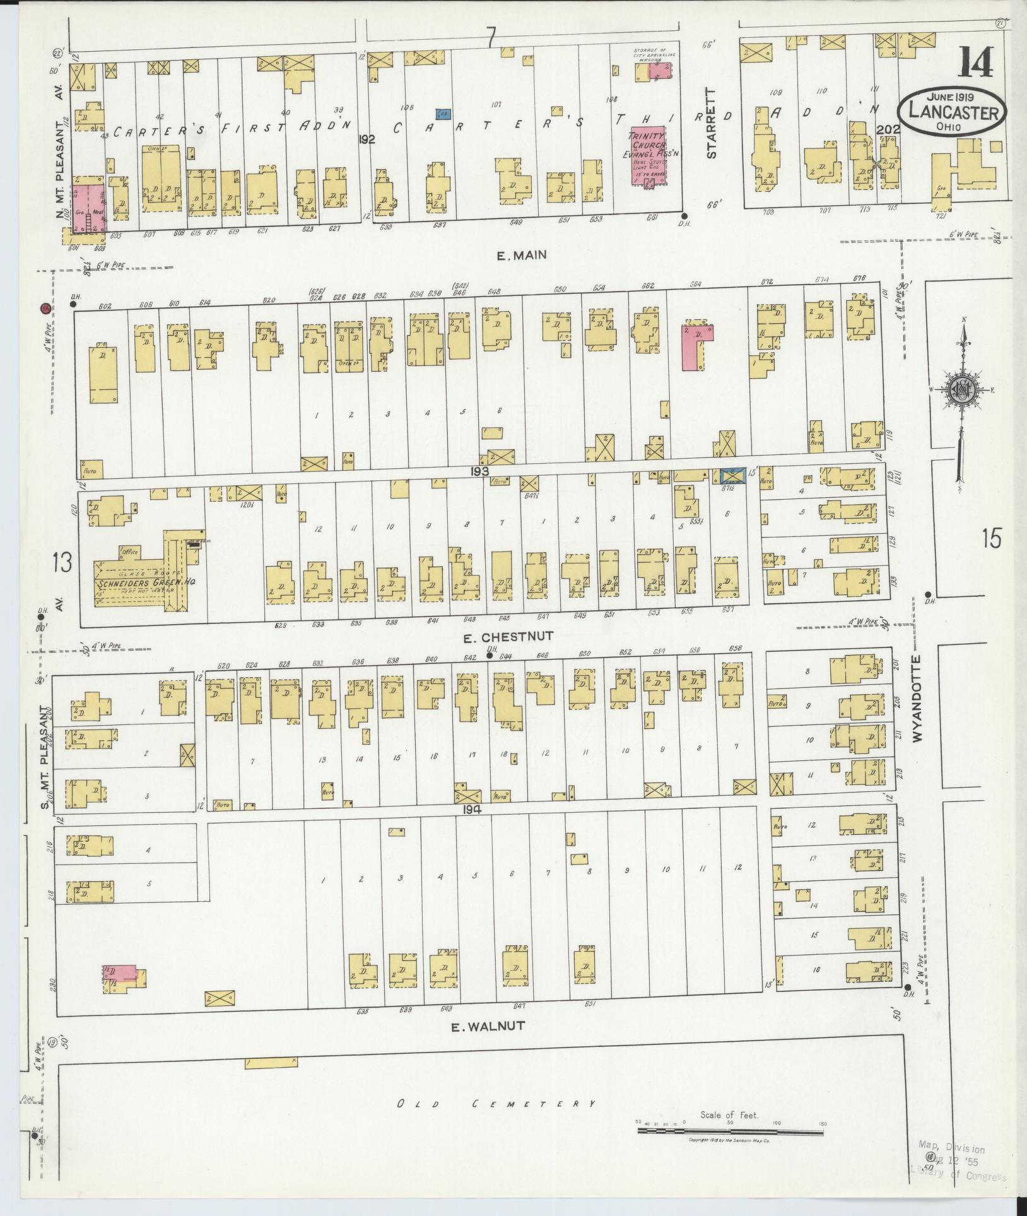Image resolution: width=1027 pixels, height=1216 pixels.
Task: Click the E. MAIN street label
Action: click(x=521, y=256)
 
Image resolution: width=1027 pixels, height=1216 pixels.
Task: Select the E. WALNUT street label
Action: click(x=488, y=1026)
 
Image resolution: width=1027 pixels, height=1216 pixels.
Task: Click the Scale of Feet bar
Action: click(x=730, y=1131)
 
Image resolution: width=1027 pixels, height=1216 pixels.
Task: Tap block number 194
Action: click(x=472, y=809)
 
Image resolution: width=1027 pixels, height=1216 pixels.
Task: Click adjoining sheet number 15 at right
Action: click(x=991, y=540)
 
